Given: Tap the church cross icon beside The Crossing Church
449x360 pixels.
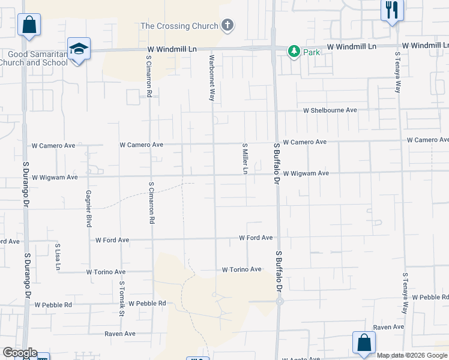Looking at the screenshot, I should click(x=227, y=25).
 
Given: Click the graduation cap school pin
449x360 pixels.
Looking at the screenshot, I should click(x=79, y=48).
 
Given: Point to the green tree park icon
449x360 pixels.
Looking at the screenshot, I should click(x=294, y=52).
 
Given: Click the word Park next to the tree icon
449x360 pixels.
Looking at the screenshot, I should click(x=312, y=52).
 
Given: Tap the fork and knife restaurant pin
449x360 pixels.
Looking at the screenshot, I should click(x=393, y=10).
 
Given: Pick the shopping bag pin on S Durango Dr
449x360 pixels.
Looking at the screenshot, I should click(x=29, y=25).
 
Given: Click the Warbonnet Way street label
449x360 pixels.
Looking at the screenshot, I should click(x=211, y=78).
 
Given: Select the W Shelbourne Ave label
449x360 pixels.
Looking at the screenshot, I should click(x=330, y=110).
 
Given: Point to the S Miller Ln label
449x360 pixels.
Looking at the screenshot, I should click(x=245, y=158).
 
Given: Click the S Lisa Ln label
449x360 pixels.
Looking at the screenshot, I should click(x=58, y=256).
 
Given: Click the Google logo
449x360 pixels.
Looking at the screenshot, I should click(x=19, y=353).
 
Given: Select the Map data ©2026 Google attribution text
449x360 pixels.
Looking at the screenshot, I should click(x=412, y=355).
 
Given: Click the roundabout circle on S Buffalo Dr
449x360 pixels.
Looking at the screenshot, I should click(x=280, y=302).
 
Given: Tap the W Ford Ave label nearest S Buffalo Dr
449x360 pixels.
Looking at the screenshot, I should click(x=256, y=238).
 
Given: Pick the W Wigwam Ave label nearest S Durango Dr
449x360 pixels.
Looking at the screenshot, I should click(x=55, y=178).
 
